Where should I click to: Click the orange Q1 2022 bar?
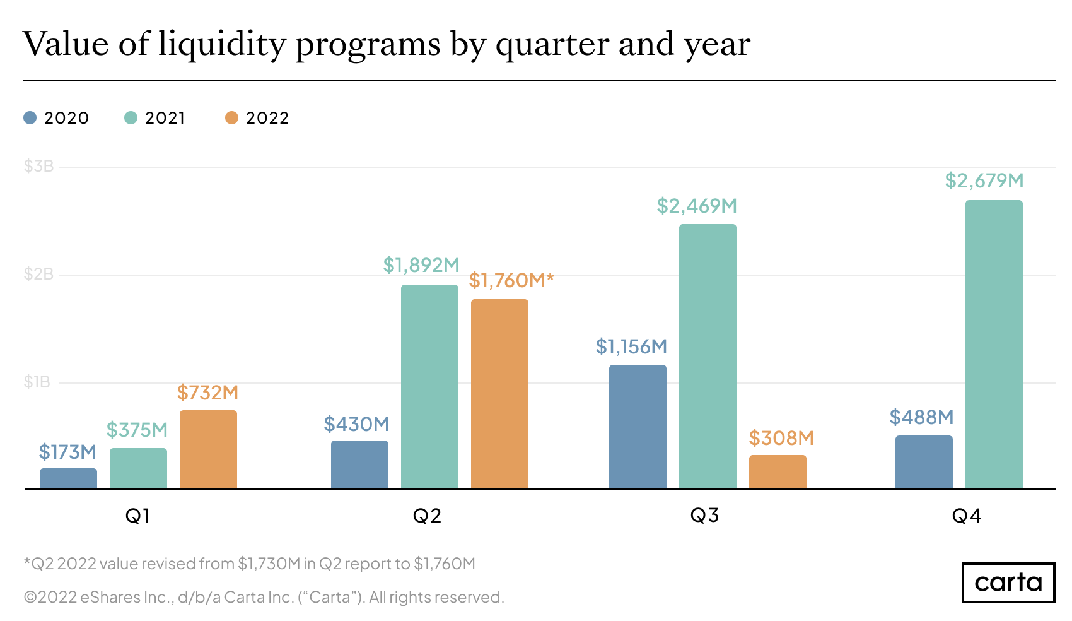pyautogui.click(x=208, y=449)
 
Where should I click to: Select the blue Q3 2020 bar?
pyautogui.click(x=638, y=427)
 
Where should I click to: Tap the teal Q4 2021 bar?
pyautogui.click(x=994, y=345)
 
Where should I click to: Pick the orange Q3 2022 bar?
pyautogui.click(x=778, y=471)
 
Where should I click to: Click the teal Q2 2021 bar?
pyautogui.click(x=429, y=386)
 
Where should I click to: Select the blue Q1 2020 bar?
pyautogui.click(x=68, y=478)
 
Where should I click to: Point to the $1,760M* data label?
pyautogui.click(x=511, y=280)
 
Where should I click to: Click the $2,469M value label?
pyautogui.click(x=697, y=206)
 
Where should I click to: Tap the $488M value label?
pyautogui.click(x=921, y=417)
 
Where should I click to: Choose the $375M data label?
pyautogui.click(x=137, y=430)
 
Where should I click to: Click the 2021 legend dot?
pyautogui.click(x=131, y=118)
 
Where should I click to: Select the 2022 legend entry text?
pyautogui.click(x=267, y=118)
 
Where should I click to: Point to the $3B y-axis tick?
pyautogui.click(x=38, y=167)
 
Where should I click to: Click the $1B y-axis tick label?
pyautogui.click(x=37, y=382)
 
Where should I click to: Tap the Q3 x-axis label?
pyautogui.click(x=704, y=516)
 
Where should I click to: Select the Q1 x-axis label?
pyautogui.click(x=137, y=516)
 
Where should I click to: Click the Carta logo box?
pyautogui.click(x=1008, y=582)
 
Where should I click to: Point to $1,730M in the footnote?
pyautogui.click(x=269, y=564)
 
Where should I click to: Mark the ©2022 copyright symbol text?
pyautogui.click(x=50, y=597)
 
